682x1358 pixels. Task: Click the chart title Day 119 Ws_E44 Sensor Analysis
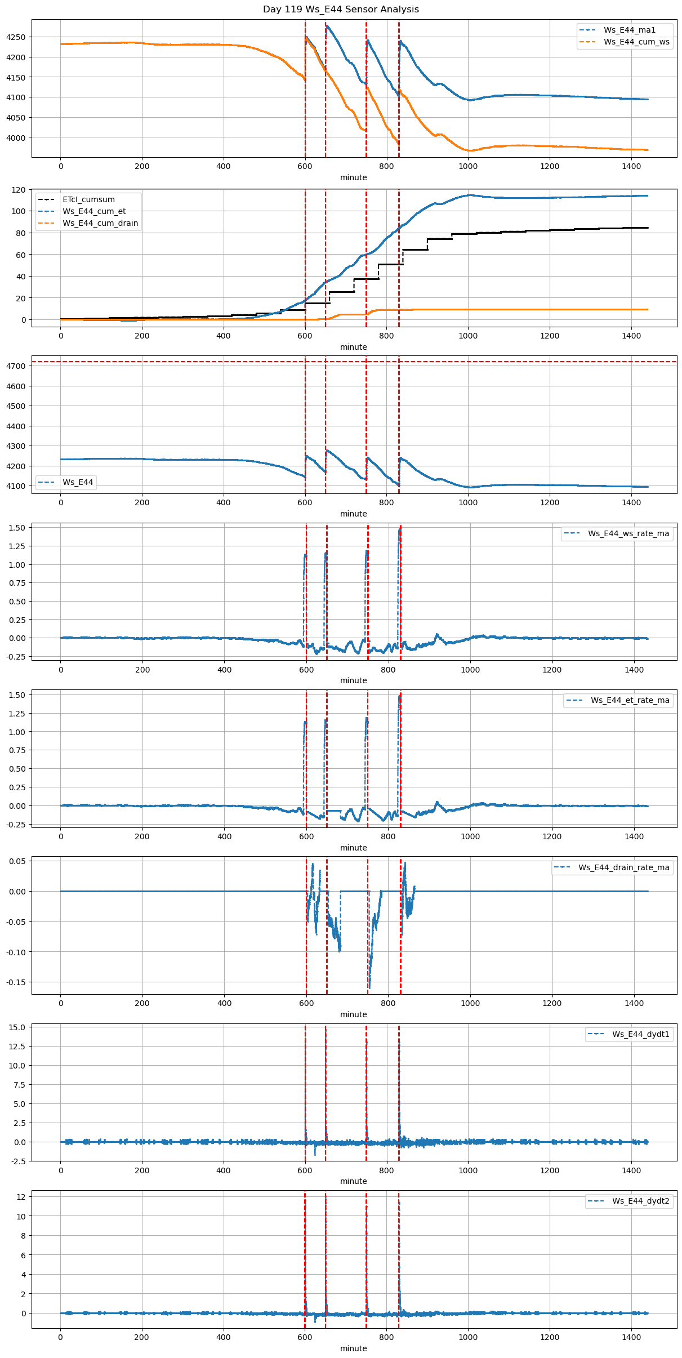click(341, 9)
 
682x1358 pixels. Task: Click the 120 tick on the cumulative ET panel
click(19, 190)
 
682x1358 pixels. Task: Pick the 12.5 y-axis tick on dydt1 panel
click(17, 1047)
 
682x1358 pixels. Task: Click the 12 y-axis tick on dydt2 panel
click(21, 1197)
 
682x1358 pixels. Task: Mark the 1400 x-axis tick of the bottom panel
click(631, 1337)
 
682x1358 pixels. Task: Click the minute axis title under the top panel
click(353, 177)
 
